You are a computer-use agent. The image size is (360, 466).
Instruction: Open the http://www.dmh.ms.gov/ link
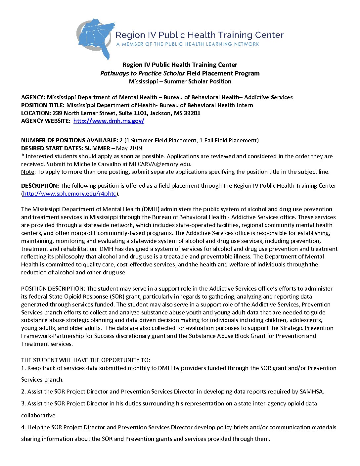(109, 121)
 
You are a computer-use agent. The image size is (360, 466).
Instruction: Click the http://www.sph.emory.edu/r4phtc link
(69, 194)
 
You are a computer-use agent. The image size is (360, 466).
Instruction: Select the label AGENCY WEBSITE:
(46, 121)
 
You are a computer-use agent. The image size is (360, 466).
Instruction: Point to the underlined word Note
(27, 172)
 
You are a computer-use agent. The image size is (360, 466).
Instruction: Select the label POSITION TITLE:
(43, 105)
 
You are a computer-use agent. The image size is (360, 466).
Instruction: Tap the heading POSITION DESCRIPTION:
(53, 289)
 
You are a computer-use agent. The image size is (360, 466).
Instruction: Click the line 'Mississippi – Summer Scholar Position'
(180, 81)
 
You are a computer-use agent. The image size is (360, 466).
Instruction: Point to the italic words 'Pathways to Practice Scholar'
(142, 73)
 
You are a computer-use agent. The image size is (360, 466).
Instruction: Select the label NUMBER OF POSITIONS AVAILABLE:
(69, 140)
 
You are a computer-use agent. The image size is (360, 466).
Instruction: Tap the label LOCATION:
(36, 113)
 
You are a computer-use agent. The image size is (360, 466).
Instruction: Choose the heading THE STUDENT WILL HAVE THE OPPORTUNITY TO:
(86, 360)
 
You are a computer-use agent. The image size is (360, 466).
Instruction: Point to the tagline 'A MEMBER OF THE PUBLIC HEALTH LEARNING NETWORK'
(187, 44)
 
